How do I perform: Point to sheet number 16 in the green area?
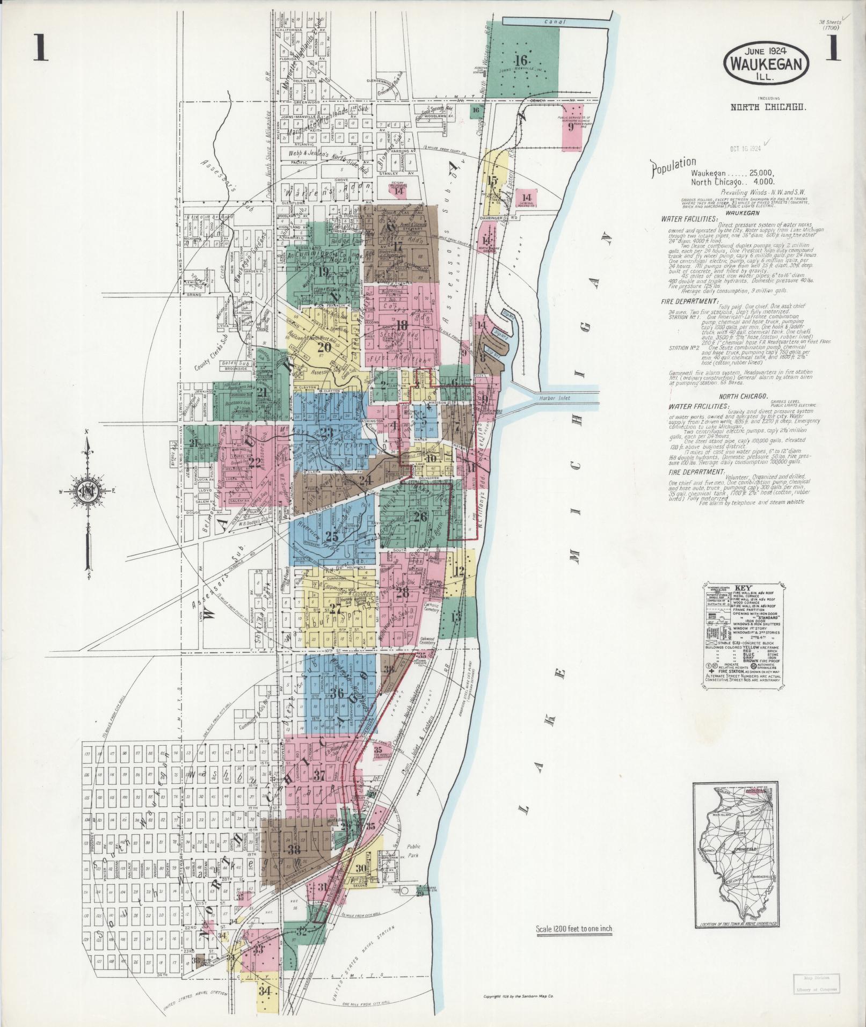tap(521, 60)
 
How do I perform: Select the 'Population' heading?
tap(673, 167)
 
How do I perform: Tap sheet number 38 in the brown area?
tap(294, 849)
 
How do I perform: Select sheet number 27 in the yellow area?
tap(336, 609)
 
